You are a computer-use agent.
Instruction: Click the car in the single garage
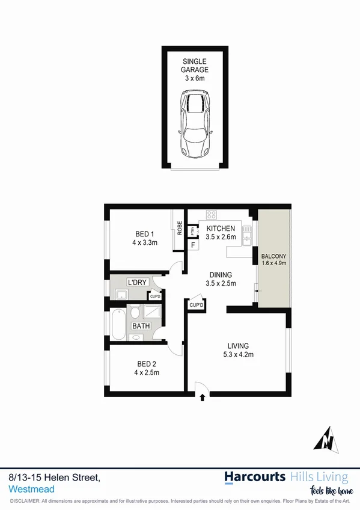coord(194,125)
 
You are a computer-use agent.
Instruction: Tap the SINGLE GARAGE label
coord(194,66)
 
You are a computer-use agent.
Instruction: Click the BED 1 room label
coord(144,238)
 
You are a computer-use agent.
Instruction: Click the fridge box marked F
coord(193,245)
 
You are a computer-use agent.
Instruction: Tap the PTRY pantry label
coord(192,230)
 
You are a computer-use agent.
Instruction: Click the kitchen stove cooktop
coord(212,215)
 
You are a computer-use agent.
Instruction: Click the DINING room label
coord(221,279)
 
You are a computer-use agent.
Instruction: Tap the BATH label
coord(141,326)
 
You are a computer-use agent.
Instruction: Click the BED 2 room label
coord(144,367)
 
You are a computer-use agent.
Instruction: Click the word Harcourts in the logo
coord(255,477)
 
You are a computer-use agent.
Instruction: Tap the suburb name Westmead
coord(28,488)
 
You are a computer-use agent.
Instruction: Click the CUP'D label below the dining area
coord(197,305)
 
